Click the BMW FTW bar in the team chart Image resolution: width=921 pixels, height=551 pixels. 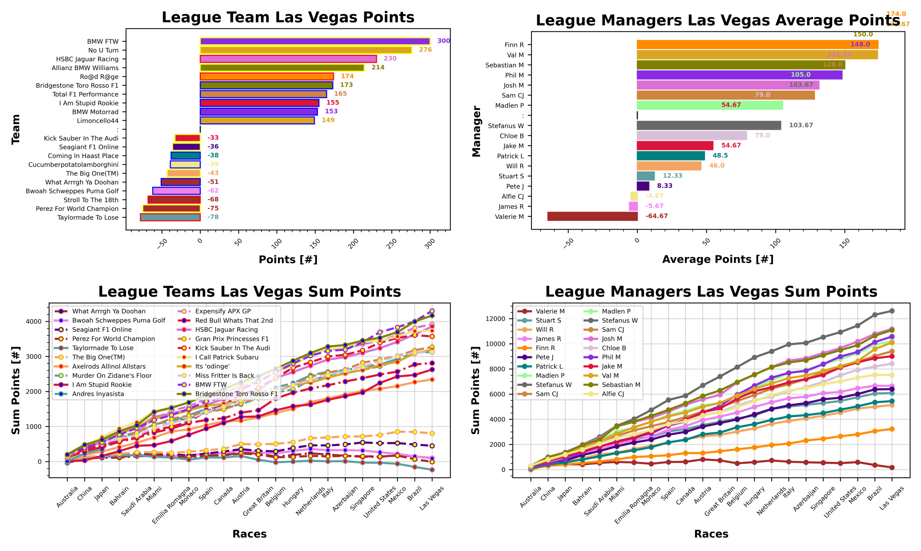pos(315,41)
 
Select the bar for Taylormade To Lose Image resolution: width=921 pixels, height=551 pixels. pos(170,217)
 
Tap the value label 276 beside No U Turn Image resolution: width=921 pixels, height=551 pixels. pos(425,50)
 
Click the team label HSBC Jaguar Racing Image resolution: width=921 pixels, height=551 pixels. pos(87,59)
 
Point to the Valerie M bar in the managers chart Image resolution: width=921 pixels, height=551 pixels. pos(592,216)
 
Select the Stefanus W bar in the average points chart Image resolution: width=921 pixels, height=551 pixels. pos(708,125)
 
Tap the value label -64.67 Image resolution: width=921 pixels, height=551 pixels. pos(657,216)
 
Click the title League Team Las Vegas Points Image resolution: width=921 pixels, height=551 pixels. pos(288,17)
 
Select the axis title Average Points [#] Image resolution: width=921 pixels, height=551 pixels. pos(718,259)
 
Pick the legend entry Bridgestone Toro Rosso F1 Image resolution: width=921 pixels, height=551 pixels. pos(236,394)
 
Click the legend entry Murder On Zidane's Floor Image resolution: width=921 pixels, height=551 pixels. pos(112,376)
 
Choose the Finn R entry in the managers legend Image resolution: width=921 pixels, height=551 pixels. pos(545,348)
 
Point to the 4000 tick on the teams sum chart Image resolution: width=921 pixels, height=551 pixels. pos(34,322)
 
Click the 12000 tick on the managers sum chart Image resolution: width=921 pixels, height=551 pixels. pos(495,319)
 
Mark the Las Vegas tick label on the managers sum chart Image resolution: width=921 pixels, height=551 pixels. pos(892,498)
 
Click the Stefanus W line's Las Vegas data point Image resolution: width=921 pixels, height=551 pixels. pos(892,311)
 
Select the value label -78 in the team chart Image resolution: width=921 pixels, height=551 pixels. pos(213,217)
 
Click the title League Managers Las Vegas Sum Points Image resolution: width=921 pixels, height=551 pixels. pos(711,292)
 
